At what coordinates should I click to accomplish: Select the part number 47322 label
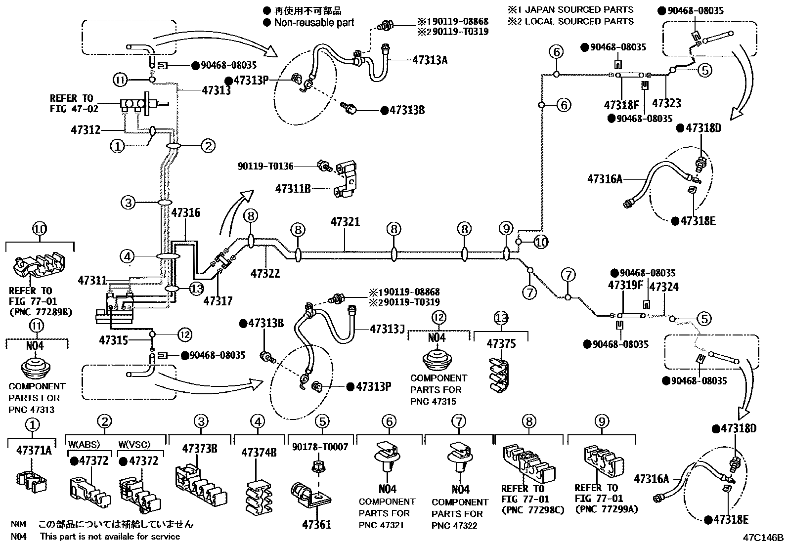click(x=265, y=273)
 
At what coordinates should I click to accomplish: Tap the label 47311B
click(x=293, y=188)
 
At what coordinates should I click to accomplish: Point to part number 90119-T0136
click(x=265, y=167)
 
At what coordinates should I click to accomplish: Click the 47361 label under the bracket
click(x=316, y=525)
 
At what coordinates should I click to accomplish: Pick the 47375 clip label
click(x=501, y=343)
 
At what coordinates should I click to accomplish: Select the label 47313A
click(x=430, y=60)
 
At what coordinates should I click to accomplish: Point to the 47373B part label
click(x=200, y=449)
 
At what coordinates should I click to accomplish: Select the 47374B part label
click(x=259, y=452)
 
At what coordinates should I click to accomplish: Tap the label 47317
click(x=218, y=301)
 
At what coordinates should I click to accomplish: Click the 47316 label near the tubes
click(x=186, y=213)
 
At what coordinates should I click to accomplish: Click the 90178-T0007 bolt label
click(x=320, y=447)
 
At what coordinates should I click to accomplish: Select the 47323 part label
click(x=666, y=103)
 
